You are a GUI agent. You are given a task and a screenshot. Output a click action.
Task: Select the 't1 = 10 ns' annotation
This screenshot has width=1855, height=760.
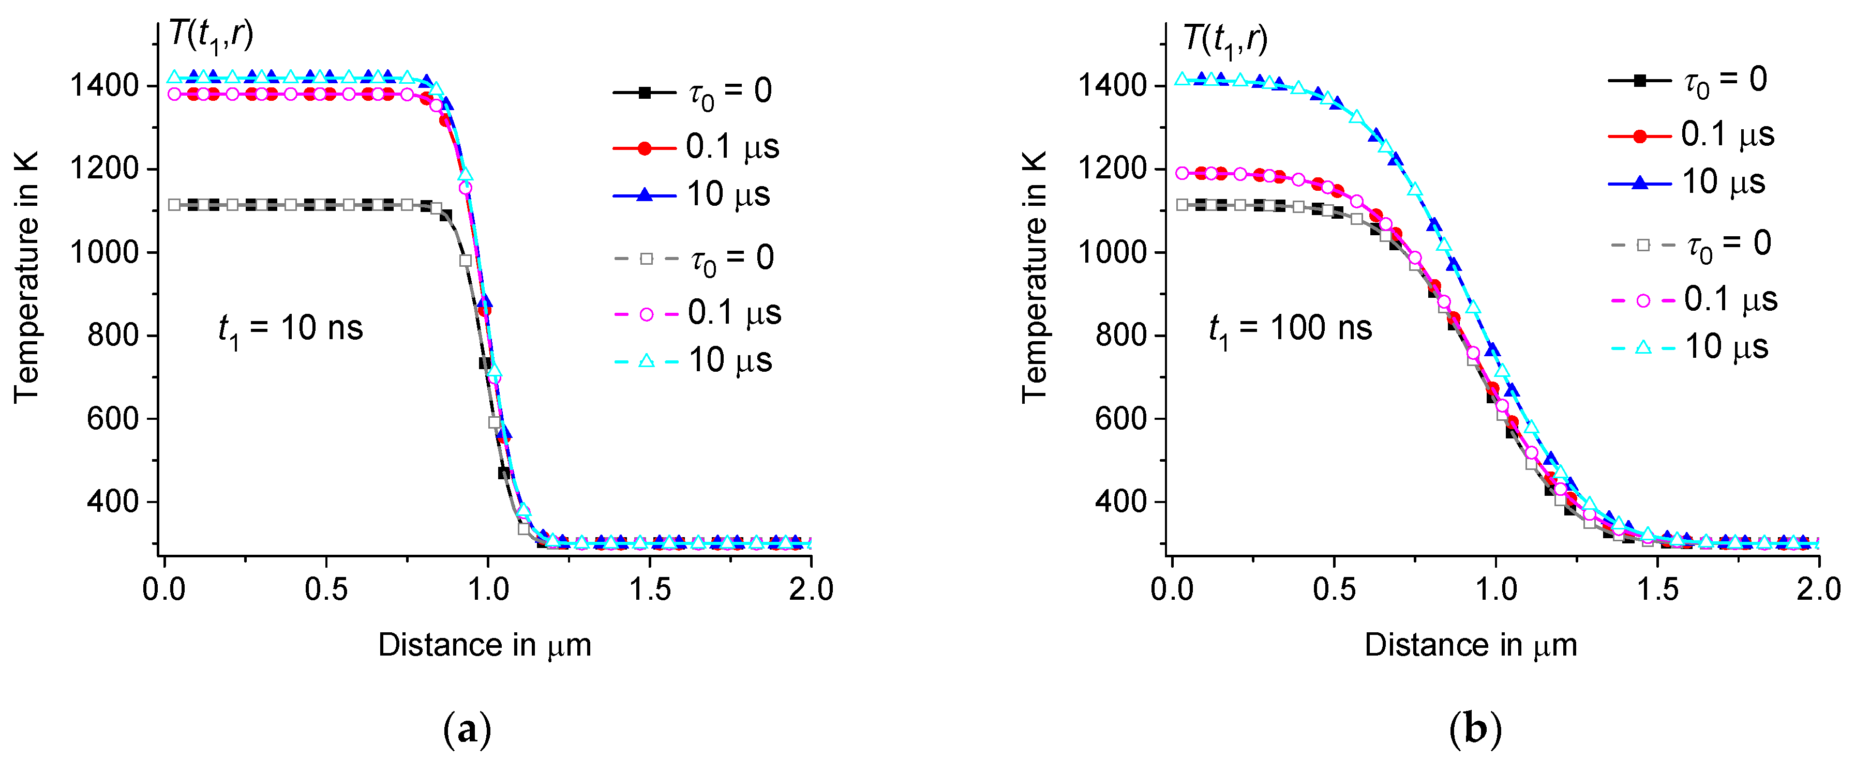click(x=290, y=330)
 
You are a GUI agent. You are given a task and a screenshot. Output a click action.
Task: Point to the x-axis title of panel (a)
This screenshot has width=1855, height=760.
click(x=485, y=645)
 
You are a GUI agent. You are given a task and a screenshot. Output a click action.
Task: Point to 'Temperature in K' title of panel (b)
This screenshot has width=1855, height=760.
click(x=1035, y=277)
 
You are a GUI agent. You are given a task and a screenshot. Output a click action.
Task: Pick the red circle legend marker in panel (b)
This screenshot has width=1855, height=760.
click(x=1640, y=136)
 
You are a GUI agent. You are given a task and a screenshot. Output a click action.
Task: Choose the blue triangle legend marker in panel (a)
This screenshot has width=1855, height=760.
click(x=645, y=195)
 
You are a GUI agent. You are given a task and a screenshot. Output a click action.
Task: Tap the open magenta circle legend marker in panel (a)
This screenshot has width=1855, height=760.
click(x=646, y=314)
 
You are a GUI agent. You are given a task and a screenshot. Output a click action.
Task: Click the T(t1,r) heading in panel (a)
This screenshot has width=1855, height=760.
click(x=211, y=36)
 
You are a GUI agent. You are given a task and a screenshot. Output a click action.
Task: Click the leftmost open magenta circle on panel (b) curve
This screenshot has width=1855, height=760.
click(x=1181, y=173)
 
